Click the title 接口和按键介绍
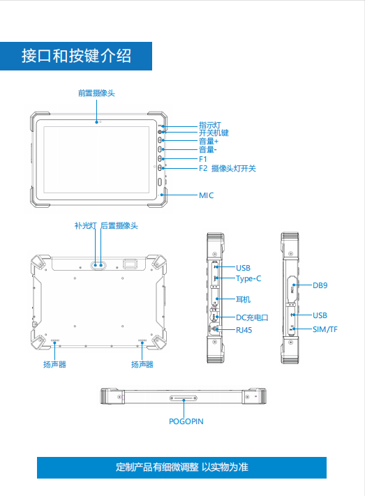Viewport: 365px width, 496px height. click(76, 56)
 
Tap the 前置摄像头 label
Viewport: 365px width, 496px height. click(96, 93)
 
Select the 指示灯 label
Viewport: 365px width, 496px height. click(210, 125)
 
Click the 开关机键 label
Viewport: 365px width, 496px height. click(214, 133)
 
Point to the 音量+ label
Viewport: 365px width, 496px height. click(209, 141)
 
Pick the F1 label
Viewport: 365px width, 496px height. click(203, 159)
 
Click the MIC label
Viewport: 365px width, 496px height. click(207, 195)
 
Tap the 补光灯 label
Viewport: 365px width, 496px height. click(85, 225)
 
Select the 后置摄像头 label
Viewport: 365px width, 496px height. click(119, 225)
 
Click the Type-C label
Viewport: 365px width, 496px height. click(248, 278)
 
